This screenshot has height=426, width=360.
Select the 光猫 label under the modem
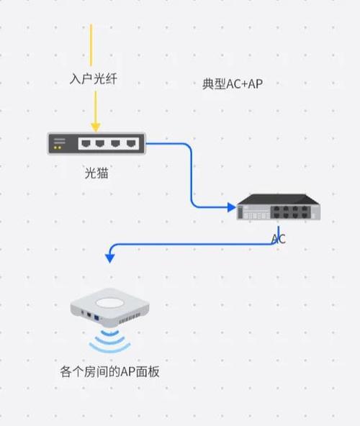coord(96,173)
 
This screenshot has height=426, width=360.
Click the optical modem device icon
coord(96,144)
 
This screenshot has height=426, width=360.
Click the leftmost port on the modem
coord(83,144)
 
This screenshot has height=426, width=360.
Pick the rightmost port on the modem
coord(130,144)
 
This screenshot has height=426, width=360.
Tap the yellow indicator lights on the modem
coord(58,148)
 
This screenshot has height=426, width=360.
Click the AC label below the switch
coord(278,239)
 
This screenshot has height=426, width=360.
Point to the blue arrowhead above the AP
coord(109,257)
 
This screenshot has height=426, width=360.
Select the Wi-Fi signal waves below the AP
coord(109,341)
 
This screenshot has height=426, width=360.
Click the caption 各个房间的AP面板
coord(109,372)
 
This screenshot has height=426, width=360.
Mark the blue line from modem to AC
coord(192,173)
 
